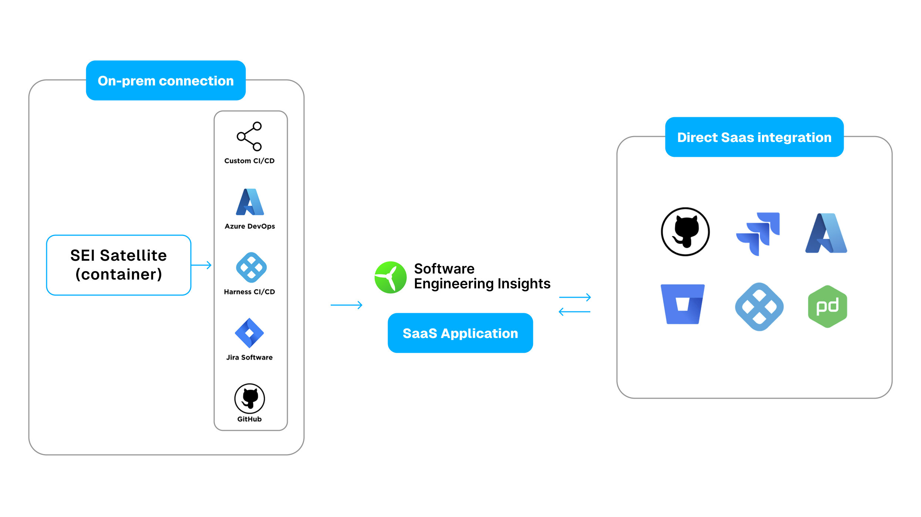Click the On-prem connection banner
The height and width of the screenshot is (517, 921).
pos(166,81)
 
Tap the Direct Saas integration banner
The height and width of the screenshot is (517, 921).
pos(754,137)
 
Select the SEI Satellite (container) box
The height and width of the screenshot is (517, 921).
pos(118,265)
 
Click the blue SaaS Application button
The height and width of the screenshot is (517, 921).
pos(460,333)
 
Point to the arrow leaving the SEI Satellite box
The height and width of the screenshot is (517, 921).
pos(202,265)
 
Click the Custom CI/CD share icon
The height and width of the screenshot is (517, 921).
pos(250,136)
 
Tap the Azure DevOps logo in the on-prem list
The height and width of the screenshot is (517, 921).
pos(250,202)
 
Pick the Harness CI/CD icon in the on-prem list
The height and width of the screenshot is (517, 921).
pos(251,267)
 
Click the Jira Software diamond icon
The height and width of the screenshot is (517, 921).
pos(249,333)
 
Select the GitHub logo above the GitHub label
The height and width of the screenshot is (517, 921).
pos(250,398)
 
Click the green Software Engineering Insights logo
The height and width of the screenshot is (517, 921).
pos(391,277)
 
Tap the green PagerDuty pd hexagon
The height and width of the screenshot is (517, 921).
pos(827,306)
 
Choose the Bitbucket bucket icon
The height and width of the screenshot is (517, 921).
pos(682,304)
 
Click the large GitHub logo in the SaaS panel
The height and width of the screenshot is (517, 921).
pos(685,232)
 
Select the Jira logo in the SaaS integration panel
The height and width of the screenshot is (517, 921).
pos(758,233)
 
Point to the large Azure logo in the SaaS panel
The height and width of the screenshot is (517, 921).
pos(826,233)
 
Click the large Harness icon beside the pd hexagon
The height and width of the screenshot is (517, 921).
pos(759,307)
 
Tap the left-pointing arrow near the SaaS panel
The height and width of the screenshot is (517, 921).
pos(574,312)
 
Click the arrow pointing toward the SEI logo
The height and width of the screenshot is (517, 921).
pos(346,305)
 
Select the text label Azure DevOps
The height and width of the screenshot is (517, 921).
pos(250,226)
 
